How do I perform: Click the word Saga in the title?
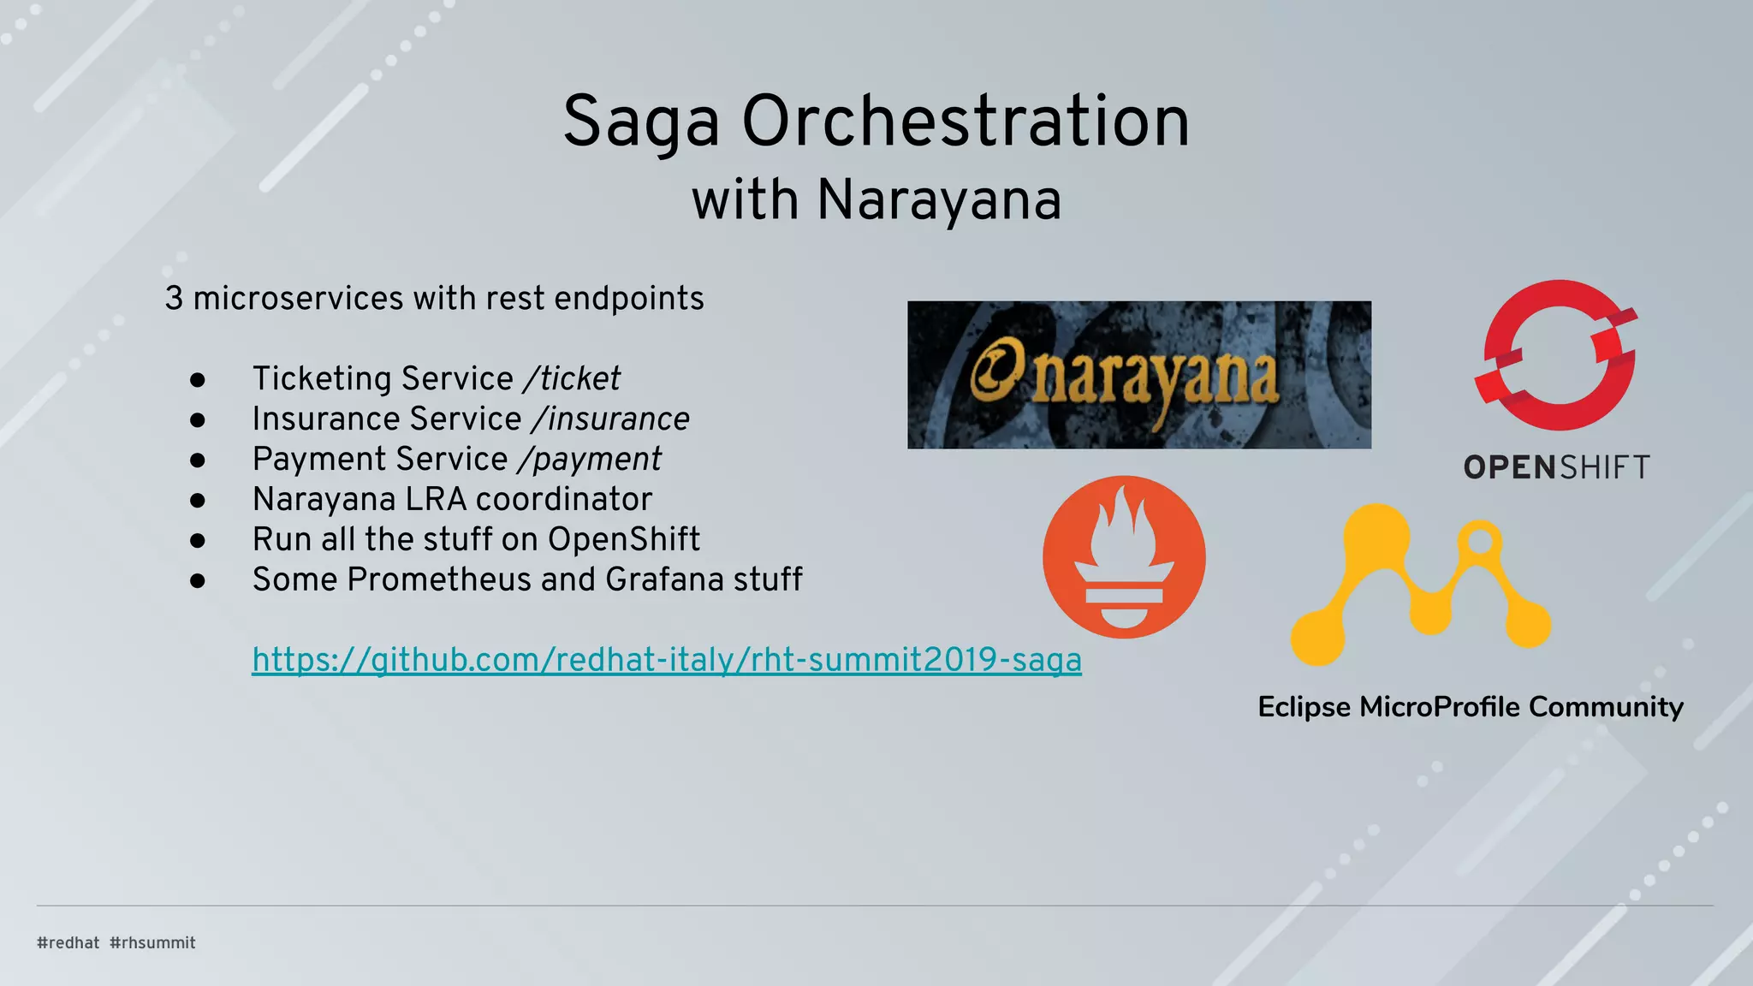point(640,122)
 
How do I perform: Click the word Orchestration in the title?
point(966,122)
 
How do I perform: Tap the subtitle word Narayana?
point(939,200)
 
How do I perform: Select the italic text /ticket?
point(573,378)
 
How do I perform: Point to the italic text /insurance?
point(610,419)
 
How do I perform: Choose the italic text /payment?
point(590,459)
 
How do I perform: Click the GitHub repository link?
point(666,660)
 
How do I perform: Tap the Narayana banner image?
point(1138,375)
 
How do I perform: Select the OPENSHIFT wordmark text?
point(1556,467)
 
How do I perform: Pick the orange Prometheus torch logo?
point(1124,557)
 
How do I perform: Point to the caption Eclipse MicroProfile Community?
point(1470,707)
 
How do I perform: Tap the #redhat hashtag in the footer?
point(68,942)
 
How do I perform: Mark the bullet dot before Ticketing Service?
point(198,379)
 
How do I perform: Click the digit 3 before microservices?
point(174,299)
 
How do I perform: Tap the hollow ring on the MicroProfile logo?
point(1479,541)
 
